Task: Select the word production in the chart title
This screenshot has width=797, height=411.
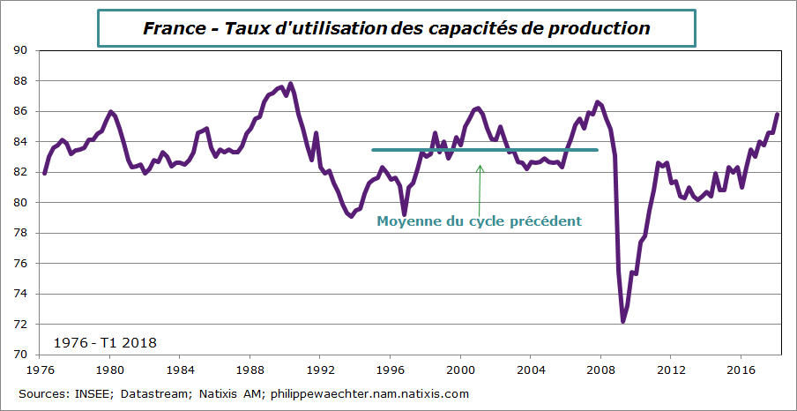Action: tap(600, 28)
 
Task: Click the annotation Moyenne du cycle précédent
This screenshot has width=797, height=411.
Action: tap(479, 221)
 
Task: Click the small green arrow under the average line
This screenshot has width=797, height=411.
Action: tap(480, 185)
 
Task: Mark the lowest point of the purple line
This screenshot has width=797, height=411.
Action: tap(623, 322)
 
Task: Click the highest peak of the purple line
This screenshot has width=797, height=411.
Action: tap(290, 84)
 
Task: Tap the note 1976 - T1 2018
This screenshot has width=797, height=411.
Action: tap(105, 341)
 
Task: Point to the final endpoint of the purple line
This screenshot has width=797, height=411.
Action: tap(778, 114)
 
